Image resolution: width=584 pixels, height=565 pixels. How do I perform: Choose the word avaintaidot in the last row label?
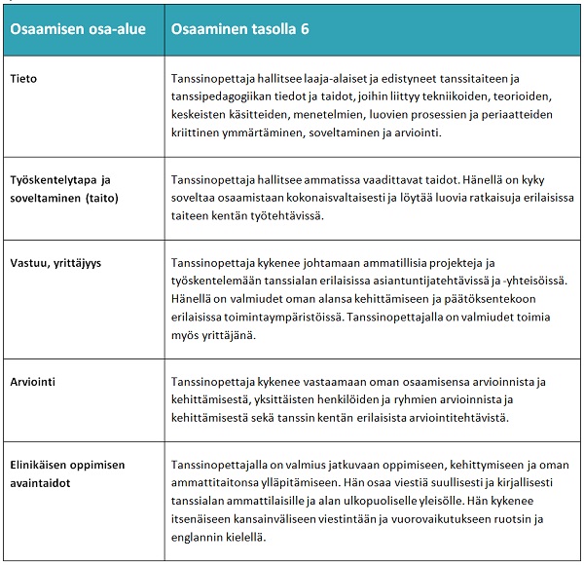45,481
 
